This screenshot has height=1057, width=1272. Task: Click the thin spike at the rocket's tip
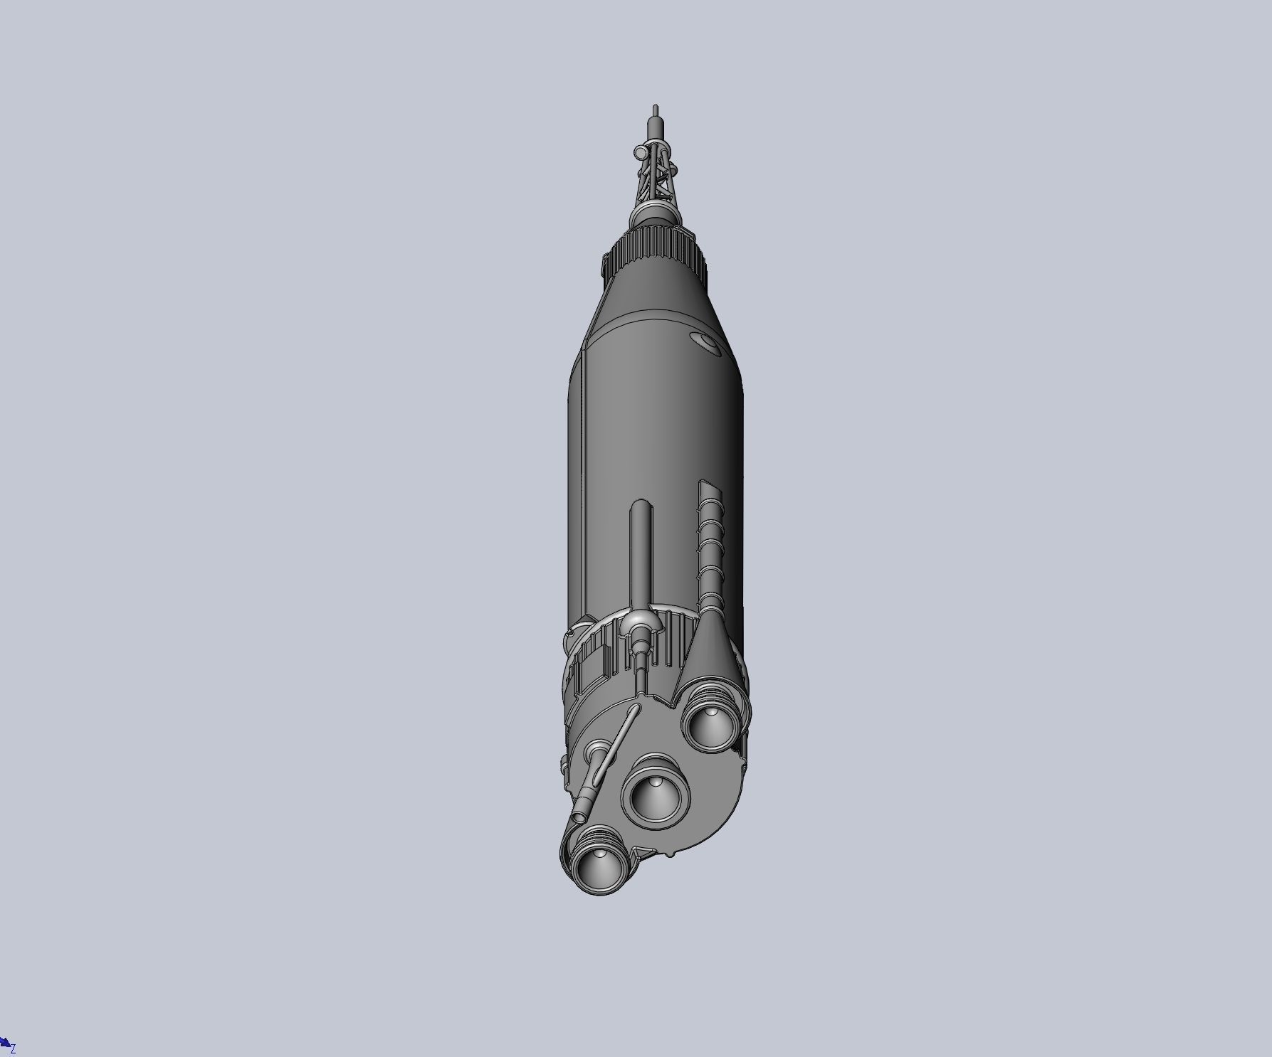coord(656,111)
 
